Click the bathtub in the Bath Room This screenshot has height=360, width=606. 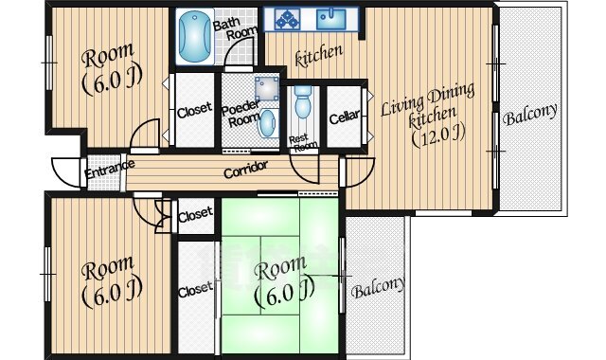195,36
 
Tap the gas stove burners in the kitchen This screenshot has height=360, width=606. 287,19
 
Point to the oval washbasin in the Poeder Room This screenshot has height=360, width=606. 267,123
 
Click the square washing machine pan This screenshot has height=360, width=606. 267,88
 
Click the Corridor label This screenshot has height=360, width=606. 246,170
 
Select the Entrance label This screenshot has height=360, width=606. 110,169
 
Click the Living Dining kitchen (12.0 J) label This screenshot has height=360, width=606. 429,115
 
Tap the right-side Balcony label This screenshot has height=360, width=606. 530,114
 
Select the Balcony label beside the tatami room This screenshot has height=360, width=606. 379,288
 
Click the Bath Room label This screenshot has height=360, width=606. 235,28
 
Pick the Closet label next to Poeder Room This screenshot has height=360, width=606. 194,110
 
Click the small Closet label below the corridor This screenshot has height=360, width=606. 195,214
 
